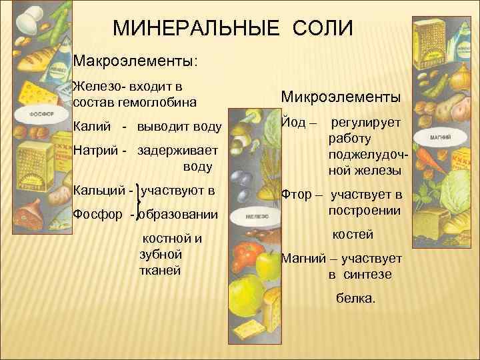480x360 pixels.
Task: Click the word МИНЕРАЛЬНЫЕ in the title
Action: coord(191,29)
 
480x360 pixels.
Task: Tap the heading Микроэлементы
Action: coord(341,97)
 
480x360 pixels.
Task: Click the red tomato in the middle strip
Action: coord(247,254)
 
